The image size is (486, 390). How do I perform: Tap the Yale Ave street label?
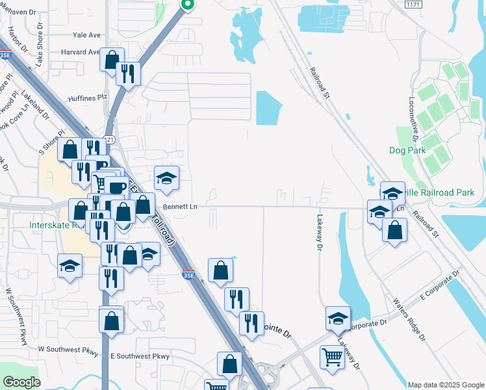[86, 35]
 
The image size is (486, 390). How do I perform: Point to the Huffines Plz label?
[87, 97]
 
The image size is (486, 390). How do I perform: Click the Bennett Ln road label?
[180, 207]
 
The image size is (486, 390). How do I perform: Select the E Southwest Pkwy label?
[140, 356]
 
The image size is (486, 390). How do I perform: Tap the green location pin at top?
[187, 5]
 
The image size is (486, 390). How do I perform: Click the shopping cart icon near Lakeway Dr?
[332, 356]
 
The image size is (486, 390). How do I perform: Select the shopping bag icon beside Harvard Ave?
[112, 58]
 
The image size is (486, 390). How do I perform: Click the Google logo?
[21, 382]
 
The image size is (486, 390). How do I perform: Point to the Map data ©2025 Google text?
[445, 385]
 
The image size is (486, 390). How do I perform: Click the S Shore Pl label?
[52, 141]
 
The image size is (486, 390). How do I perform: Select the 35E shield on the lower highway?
[187, 276]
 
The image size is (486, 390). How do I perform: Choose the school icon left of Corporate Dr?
[337, 318]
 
